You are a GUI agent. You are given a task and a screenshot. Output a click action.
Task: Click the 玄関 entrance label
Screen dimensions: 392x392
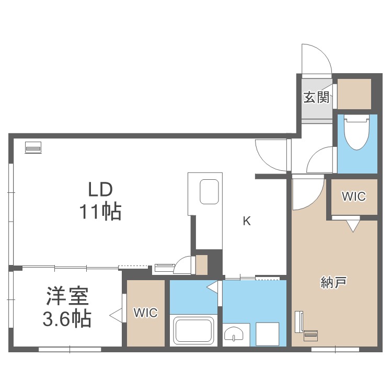pos(316,97)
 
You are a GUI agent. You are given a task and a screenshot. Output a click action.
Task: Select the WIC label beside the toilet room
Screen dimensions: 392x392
pos(354,197)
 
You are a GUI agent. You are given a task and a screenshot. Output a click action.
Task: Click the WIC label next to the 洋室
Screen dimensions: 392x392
pos(145,313)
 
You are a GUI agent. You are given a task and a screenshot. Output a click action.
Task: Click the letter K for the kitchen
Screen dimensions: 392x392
pos(246,221)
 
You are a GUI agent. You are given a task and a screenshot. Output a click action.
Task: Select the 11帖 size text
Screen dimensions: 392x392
pos(100,212)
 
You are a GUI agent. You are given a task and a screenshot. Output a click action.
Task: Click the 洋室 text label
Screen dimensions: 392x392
pos(67,296)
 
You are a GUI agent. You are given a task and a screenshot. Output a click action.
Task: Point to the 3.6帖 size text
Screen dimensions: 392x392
pos(67,318)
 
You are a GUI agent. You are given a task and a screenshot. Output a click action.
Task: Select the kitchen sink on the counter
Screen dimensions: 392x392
pos(210,192)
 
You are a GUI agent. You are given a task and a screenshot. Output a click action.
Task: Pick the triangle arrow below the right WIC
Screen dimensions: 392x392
pos(354,226)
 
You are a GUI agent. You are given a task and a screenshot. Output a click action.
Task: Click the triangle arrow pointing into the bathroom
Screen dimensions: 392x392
pos(212,286)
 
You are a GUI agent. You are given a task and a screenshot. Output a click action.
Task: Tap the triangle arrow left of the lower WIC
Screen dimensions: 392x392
pos(116,315)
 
